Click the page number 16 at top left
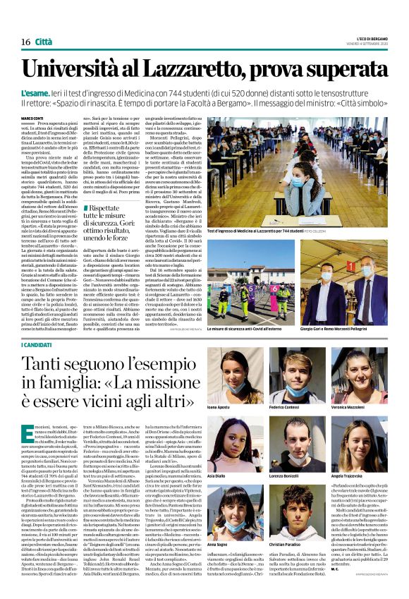[25, 42]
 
